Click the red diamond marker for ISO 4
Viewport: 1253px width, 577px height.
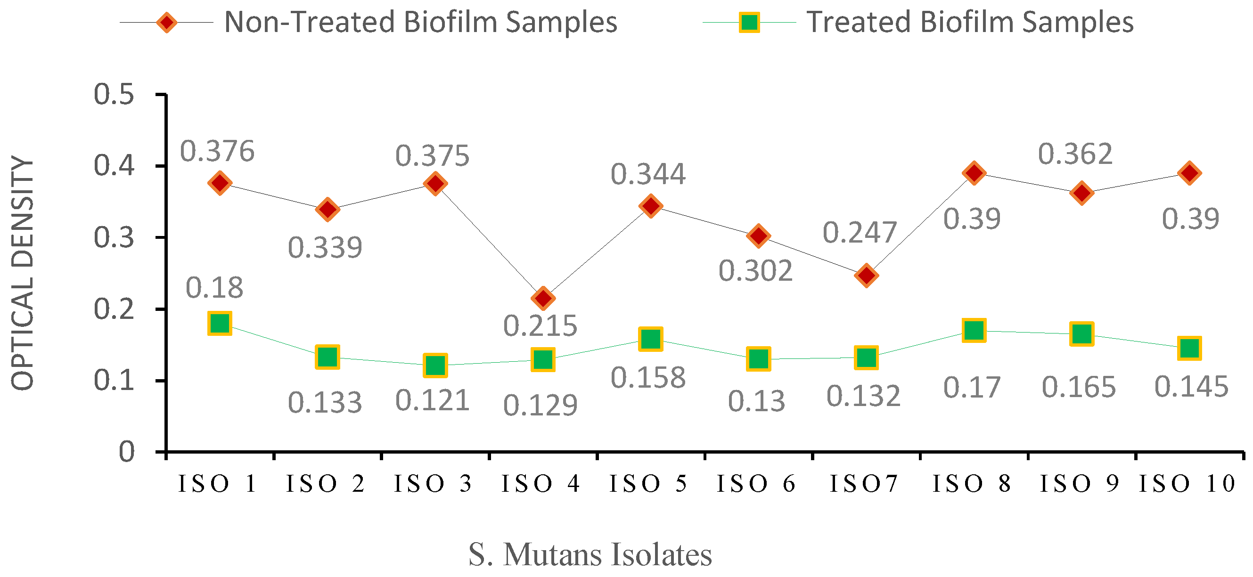pyautogui.click(x=543, y=298)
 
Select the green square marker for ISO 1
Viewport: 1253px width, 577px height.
pyautogui.click(x=220, y=323)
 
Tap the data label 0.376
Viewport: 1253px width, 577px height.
pyautogui.click(x=217, y=151)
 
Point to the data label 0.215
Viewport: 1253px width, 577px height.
pyautogui.click(x=540, y=325)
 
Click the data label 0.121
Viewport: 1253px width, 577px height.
pyautogui.click(x=432, y=401)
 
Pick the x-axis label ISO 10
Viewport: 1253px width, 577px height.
pyautogui.click(x=1187, y=484)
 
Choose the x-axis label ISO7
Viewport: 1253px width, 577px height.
pyautogui.click(x=863, y=484)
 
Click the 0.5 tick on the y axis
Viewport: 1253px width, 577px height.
pyautogui.click(x=114, y=94)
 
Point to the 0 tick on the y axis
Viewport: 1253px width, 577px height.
pyautogui.click(x=126, y=452)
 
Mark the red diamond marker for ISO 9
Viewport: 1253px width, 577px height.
pyautogui.click(x=1081, y=193)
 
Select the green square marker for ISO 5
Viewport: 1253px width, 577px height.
pyautogui.click(x=651, y=339)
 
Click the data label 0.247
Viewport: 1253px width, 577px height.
pyautogui.click(x=860, y=232)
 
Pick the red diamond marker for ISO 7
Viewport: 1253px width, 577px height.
pyautogui.click(x=866, y=276)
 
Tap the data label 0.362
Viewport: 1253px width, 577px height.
pyautogui.click(x=1075, y=154)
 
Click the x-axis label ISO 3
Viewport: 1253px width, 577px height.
pyautogui.click(x=433, y=484)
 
